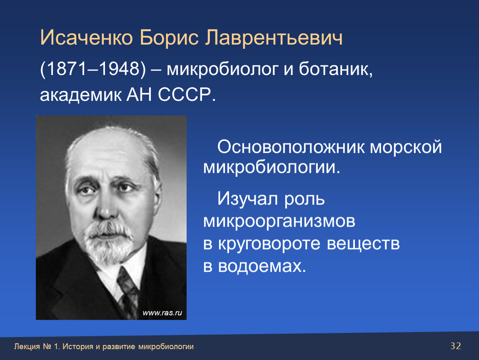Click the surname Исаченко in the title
pyautogui.click(x=87, y=37)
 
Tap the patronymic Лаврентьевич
pyautogui.click(x=273, y=37)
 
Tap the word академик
pyautogui.click(x=80, y=95)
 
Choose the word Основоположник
pyautogui.click(x=291, y=147)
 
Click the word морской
pyautogui.click(x=406, y=147)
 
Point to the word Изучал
pyautogui.click(x=248, y=199)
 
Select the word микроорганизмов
pyautogui.click(x=279, y=221)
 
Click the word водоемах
pyautogui.click(x=262, y=266)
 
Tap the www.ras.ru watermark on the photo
pyautogui.click(x=162, y=312)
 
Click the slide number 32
pyautogui.click(x=456, y=346)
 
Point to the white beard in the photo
pyautogui.click(x=108, y=241)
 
